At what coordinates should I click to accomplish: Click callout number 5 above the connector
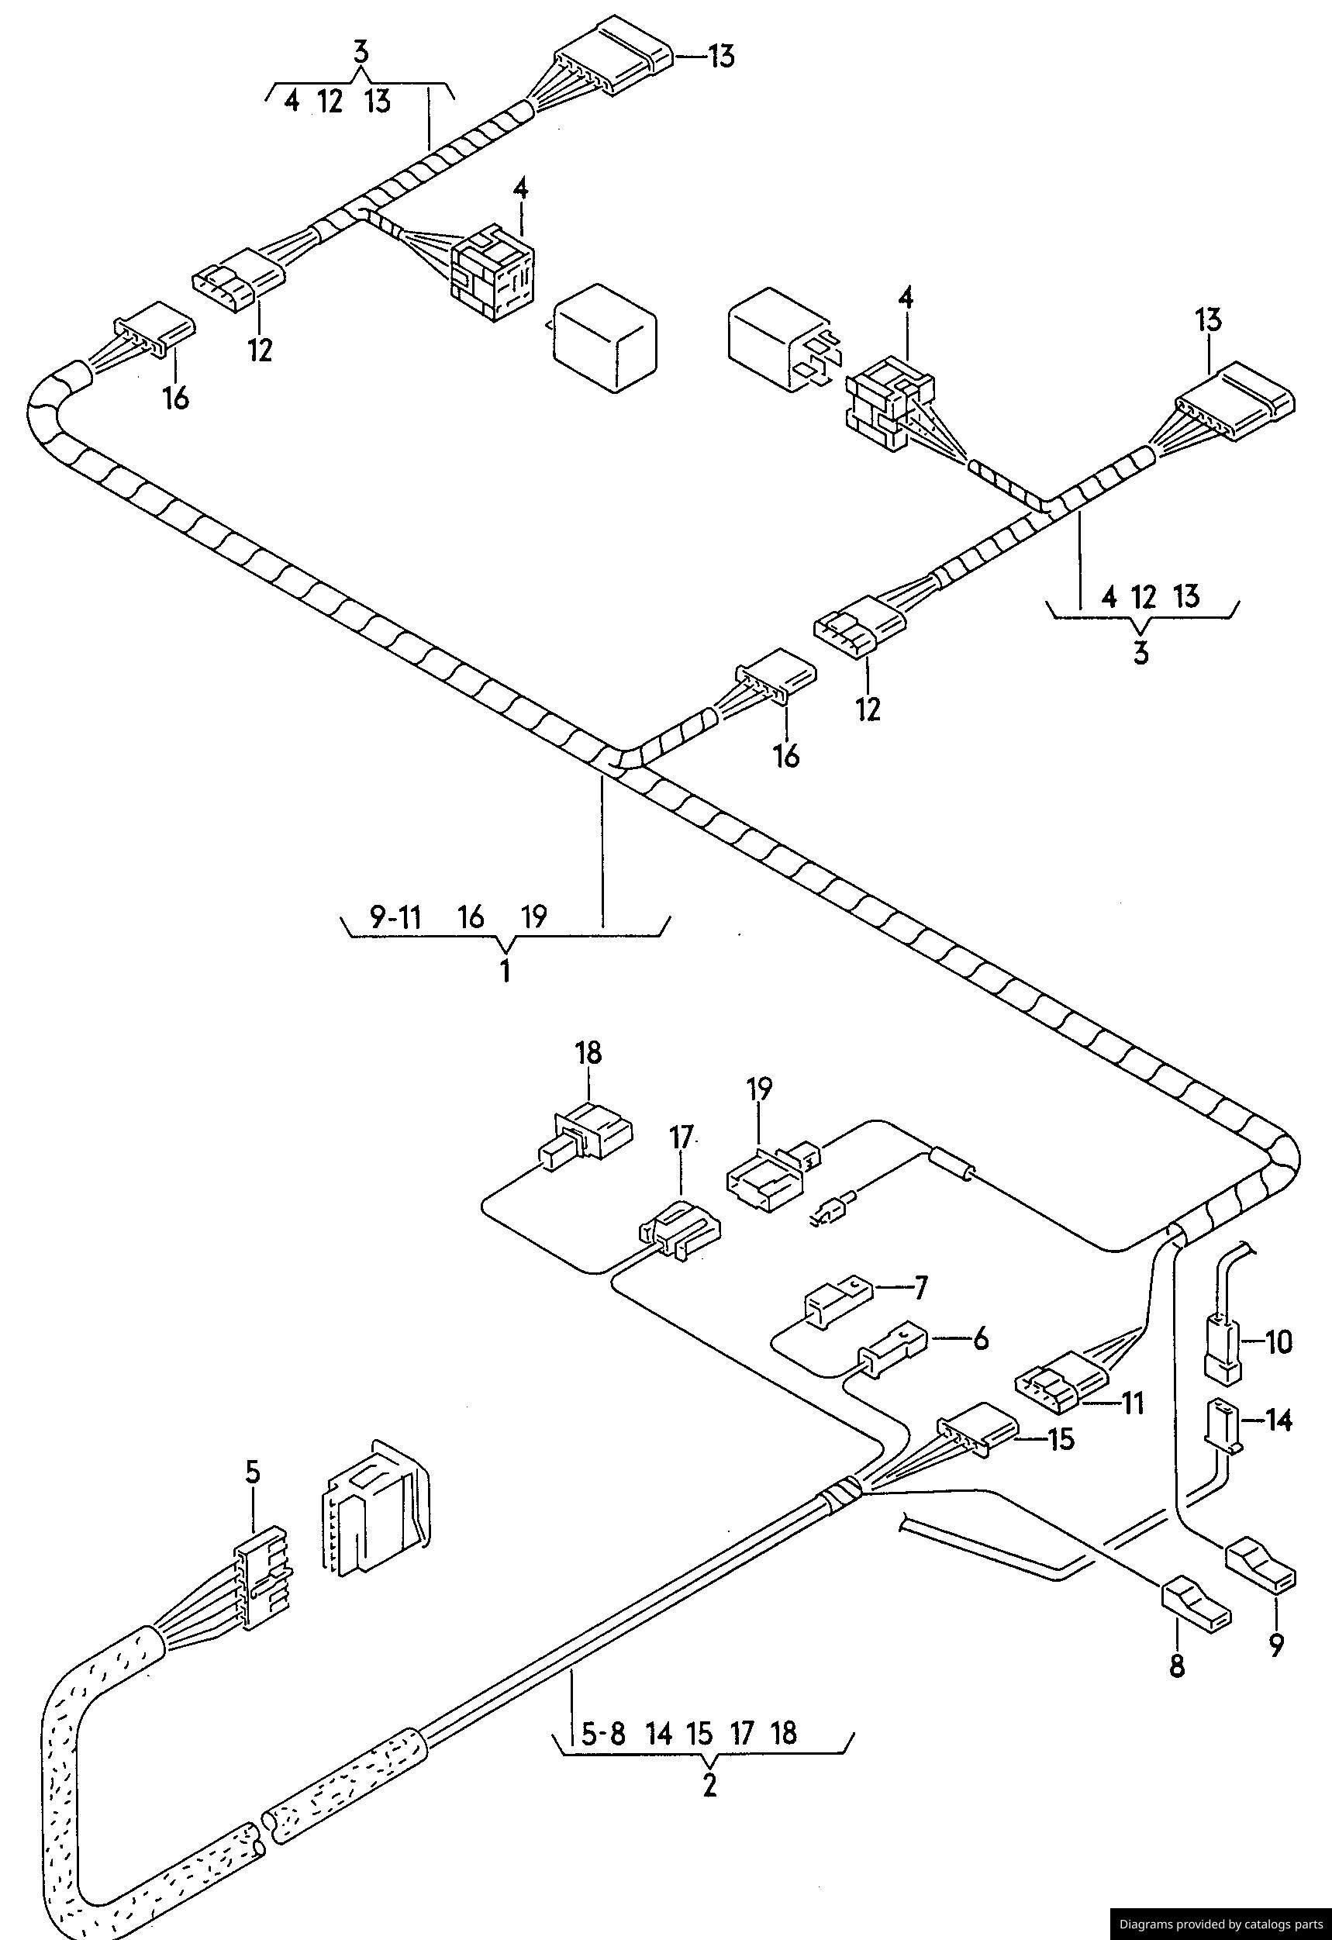pyautogui.click(x=252, y=1472)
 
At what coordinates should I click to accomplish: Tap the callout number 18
pyautogui.click(x=588, y=1054)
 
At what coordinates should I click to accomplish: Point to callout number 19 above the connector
pyautogui.click(x=760, y=1089)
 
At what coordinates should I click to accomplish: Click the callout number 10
pyautogui.click(x=1278, y=1342)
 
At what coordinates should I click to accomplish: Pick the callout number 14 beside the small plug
pyautogui.click(x=1278, y=1420)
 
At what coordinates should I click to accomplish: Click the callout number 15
pyautogui.click(x=1061, y=1440)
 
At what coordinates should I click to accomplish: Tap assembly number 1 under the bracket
pyautogui.click(x=505, y=972)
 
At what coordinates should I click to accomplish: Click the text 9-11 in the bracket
pyautogui.click(x=394, y=917)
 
